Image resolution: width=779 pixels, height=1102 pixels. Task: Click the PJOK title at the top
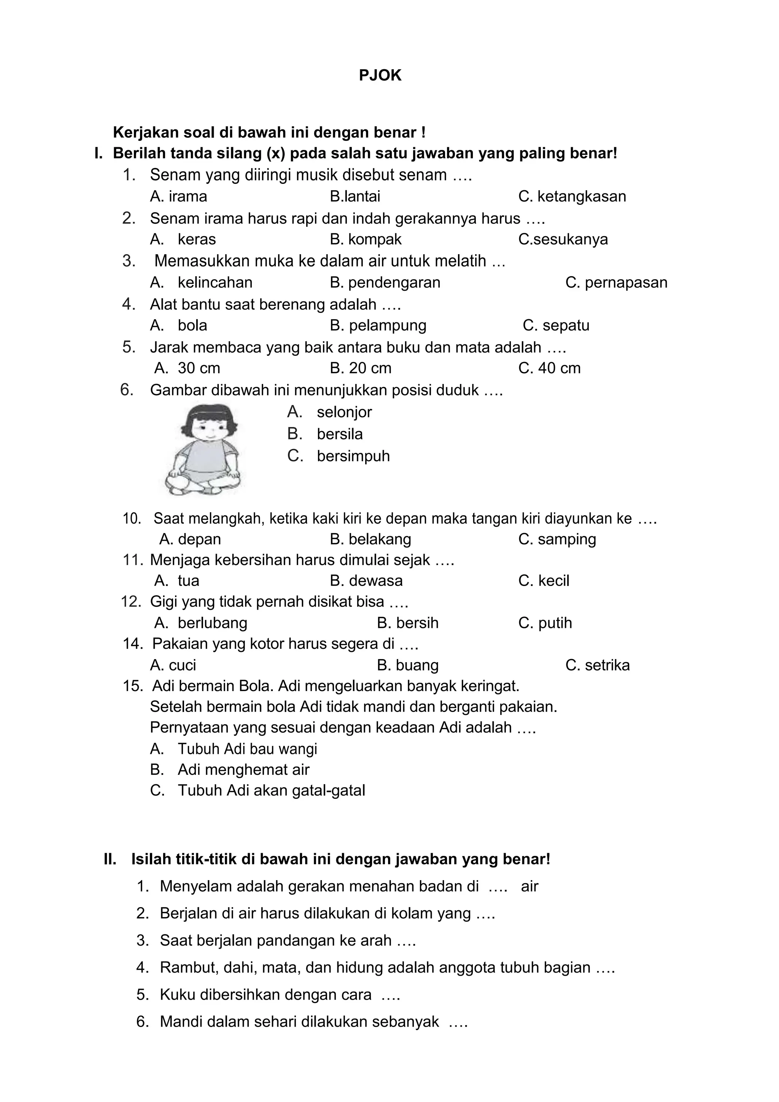point(380,76)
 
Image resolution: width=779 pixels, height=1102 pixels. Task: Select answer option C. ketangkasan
point(572,196)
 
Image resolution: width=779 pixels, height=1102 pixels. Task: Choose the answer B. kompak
point(366,239)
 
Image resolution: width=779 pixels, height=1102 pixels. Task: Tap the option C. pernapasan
point(616,282)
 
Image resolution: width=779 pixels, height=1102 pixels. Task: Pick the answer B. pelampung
point(378,325)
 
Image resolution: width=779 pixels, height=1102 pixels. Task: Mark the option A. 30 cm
point(187,368)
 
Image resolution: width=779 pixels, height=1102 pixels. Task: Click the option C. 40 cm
point(549,368)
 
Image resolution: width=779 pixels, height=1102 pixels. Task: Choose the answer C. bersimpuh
point(339,456)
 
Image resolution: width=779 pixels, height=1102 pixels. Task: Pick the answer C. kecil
point(544,581)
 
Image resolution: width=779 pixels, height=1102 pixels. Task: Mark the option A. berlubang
point(200,623)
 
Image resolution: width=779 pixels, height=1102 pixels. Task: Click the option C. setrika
point(597,665)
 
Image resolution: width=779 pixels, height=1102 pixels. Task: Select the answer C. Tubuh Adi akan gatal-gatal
point(258,790)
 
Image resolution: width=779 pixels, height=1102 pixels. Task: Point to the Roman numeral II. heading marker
point(110,859)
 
